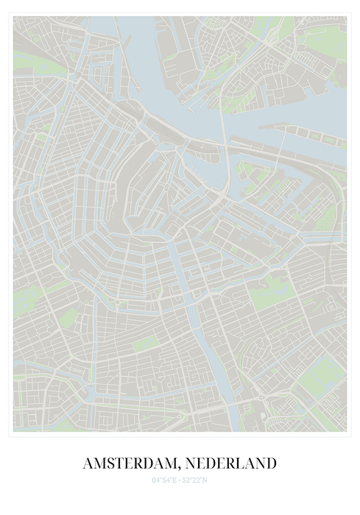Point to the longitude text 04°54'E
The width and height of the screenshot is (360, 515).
[164, 480]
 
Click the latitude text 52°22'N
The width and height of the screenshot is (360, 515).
[195, 480]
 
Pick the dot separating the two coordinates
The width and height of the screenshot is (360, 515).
[180, 480]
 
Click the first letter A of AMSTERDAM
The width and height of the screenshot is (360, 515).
[88, 464]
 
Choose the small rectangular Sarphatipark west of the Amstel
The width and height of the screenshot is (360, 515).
[146, 343]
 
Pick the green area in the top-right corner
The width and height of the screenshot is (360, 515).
[324, 40]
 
